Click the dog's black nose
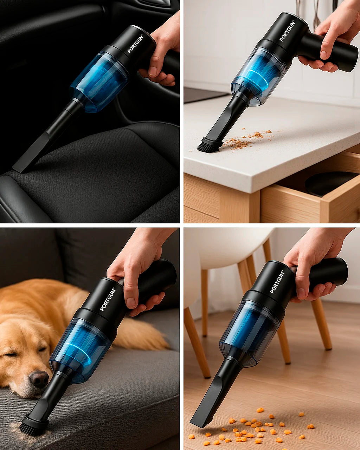(39, 379)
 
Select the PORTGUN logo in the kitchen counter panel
(287, 31)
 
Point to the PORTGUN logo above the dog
(108, 299)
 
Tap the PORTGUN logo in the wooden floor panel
(277, 282)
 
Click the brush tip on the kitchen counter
(208, 146)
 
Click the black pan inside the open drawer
(327, 183)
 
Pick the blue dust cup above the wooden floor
(248, 328)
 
